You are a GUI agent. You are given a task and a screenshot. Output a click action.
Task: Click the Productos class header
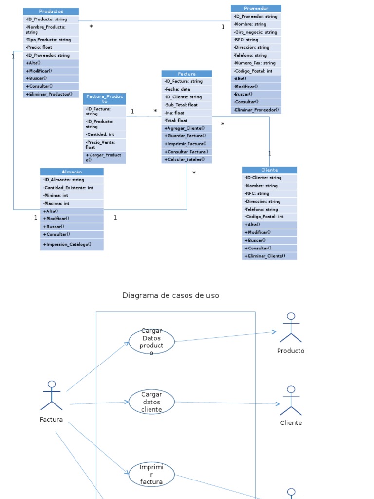tap(51, 11)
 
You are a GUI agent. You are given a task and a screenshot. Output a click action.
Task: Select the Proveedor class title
tap(256, 8)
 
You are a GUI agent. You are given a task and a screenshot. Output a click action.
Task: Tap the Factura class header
tap(187, 74)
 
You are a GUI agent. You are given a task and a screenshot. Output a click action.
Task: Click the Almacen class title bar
tap(72, 172)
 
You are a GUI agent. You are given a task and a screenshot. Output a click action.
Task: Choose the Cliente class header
tap(269, 170)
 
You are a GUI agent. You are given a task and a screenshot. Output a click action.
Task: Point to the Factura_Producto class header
tap(104, 98)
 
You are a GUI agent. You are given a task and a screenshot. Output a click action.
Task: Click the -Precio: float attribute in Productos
tap(51, 47)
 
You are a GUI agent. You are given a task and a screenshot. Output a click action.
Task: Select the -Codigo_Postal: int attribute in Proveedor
tap(256, 71)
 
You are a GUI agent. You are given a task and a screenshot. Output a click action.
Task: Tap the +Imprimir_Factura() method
tap(187, 144)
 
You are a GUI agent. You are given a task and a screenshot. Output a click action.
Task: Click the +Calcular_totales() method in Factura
tap(187, 159)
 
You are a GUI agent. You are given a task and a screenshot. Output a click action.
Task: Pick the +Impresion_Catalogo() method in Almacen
tap(72, 244)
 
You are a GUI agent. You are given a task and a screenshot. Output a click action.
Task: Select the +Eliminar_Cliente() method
tap(269, 256)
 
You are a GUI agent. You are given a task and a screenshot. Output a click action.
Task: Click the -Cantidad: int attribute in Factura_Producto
tap(104, 134)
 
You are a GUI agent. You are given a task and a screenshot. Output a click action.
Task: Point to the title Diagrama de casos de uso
tap(170, 295)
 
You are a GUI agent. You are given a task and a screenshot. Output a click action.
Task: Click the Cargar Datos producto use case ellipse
tap(151, 342)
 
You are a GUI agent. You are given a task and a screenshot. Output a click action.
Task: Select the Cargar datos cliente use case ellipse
tap(151, 402)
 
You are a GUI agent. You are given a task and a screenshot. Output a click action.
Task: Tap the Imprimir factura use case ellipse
tap(151, 475)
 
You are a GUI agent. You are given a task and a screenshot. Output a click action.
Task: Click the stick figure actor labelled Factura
tap(52, 396)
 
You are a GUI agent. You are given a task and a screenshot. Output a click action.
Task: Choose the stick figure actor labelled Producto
tap(291, 328)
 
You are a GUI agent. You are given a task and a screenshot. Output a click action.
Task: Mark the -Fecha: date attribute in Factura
tap(187, 89)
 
